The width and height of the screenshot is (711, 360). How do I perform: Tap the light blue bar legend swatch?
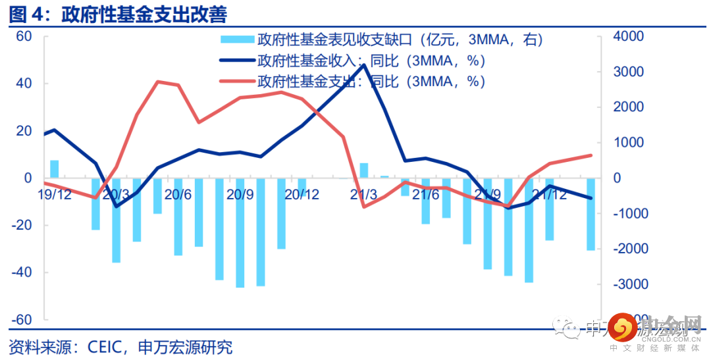pos(235,40)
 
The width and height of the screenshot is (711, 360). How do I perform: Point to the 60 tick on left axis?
pos(24,36)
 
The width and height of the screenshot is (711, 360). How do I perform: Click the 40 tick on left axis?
pos(24,84)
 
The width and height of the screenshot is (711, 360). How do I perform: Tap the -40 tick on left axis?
pos(22,272)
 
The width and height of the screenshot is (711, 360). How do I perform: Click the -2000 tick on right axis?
pos(631,249)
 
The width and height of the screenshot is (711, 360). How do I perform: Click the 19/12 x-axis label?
pos(54,195)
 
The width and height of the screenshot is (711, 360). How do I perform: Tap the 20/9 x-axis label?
pos(240,195)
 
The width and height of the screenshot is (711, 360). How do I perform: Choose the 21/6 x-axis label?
pos(425,195)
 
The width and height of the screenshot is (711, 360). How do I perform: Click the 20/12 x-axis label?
pos(302,195)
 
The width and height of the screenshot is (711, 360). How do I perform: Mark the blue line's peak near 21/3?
pos(364,64)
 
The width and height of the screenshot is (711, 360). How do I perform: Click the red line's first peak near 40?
pos(158,82)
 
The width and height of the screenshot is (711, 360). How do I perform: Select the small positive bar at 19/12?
pos(54,169)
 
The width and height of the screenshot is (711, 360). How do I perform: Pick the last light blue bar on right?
pos(591,214)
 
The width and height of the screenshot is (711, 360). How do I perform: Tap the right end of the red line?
pos(591,155)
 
